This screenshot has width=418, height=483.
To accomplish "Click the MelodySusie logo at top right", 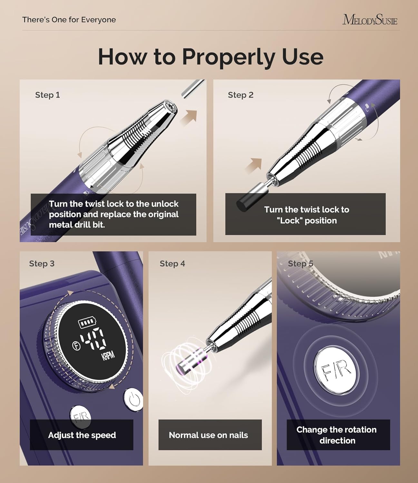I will [x=370, y=20].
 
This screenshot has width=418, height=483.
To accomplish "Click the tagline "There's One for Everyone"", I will [x=69, y=20].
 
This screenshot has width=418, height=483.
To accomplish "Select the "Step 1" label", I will [x=47, y=95].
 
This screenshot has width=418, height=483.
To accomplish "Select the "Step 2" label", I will [x=240, y=95].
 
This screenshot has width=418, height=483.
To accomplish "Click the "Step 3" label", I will [x=42, y=264].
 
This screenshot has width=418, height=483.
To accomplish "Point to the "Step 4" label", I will [x=172, y=264].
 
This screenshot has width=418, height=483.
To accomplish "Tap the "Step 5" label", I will [x=300, y=264].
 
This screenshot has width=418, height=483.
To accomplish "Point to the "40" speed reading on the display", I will [x=93, y=340].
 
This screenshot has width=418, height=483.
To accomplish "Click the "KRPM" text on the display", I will [x=108, y=356].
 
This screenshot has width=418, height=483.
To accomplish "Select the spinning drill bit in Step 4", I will [x=190, y=358].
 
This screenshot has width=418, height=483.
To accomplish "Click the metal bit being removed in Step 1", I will [x=192, y=88].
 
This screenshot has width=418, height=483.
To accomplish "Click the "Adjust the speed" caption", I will [x=82, y=435].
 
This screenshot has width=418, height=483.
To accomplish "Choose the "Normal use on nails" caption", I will [x=208, y=435].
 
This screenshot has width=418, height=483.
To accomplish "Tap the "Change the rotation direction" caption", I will [x=337, y=435].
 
